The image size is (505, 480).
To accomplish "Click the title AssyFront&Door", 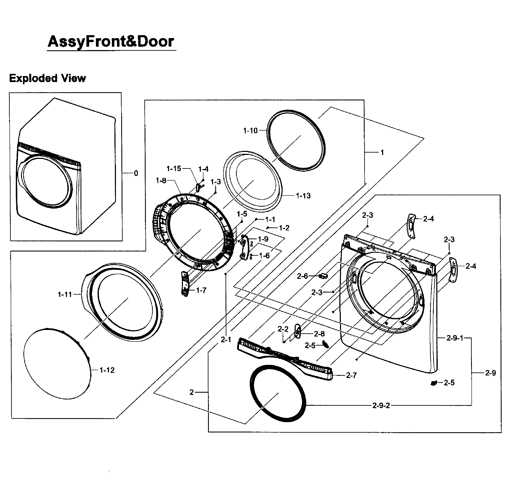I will point(111,41).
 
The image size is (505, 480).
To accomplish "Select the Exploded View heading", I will point(47,78).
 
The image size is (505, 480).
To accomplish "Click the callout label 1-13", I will point(303,196).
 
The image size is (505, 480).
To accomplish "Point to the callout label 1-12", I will point(107,370).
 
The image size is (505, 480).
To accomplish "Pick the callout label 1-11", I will point(65,294).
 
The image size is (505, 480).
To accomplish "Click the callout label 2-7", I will point(351,375).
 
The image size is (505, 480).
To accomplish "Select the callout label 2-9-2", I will point(381,406).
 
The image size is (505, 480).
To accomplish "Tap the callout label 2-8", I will point(319,334).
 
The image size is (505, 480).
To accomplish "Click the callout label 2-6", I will point(302,276).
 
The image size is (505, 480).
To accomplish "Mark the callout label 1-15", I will point(174,169).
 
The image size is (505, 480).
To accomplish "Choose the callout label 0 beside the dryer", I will point(136,173).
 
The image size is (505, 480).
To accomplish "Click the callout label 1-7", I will point(201,290).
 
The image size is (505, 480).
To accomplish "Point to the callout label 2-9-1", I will point(455,338).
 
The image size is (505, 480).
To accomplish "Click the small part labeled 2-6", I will point(324,276).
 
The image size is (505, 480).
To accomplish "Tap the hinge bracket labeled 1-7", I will point(185,284).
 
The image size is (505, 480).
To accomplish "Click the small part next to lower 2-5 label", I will point(434,383).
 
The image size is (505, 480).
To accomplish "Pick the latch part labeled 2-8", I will point(297,332).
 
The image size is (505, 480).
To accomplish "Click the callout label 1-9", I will point(263,239).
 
